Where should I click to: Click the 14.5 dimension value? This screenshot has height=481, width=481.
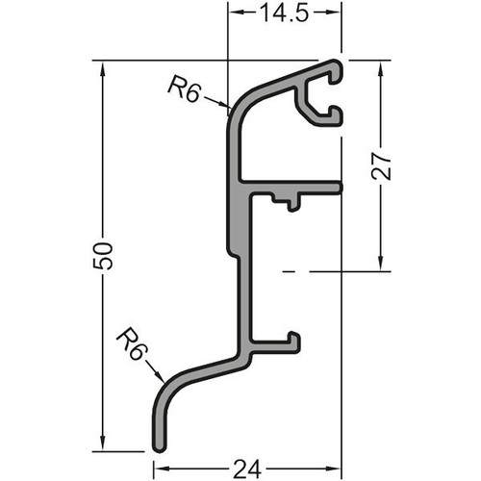click(x=285, y=13)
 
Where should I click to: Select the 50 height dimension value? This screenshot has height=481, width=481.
click(x=103, y=256)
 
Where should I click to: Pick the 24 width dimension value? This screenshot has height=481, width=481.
click(x=247, y=468)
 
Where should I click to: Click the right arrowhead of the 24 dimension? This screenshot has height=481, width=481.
click(x=333, y=468)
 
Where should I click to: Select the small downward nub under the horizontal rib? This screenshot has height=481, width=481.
click(x=291, y=205)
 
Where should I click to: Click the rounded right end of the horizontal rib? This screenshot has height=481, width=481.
click(x=341, y=188)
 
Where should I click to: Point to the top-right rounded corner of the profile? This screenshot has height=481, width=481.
click(x=338, y=64)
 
